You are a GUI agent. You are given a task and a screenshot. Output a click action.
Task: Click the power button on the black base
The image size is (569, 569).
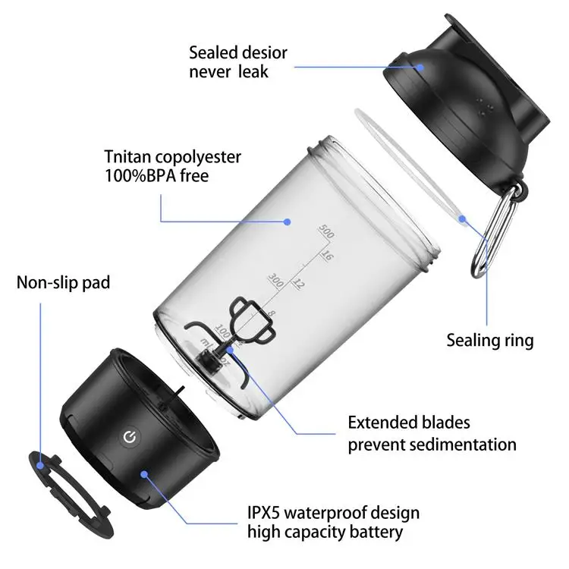click(x=130, y=438)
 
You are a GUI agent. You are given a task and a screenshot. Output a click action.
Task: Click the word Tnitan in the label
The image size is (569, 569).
click(x=127, y=157)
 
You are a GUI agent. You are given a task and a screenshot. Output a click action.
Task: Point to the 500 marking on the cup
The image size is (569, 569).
click(x=326, y=231)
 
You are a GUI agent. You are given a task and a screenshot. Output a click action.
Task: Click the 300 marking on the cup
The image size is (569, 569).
click(x=276, y=281)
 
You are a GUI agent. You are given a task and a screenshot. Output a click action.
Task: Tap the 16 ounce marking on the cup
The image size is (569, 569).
click(x=326, y=256)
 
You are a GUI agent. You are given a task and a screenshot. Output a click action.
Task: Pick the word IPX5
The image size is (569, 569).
click(x=263, y=513)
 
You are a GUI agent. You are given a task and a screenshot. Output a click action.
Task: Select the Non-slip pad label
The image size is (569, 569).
click(x=63, y=282)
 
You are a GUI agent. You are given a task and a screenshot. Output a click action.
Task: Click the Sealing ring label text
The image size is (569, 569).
click(x=490, y=341)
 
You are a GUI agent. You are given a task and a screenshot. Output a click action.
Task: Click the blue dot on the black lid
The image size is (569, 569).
click(x=420, y=67)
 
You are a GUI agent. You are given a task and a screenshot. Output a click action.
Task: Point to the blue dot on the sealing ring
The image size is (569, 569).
click(x=462, y=218)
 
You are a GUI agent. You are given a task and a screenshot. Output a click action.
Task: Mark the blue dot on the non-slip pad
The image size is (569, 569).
click(x=40, y=465)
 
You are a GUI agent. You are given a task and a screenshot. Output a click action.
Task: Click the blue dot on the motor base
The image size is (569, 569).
click(x=144, y=474)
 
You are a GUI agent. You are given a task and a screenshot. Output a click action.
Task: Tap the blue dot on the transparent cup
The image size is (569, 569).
click(x=288, y=222)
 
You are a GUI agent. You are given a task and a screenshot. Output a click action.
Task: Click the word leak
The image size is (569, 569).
click(x=253, y=71)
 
